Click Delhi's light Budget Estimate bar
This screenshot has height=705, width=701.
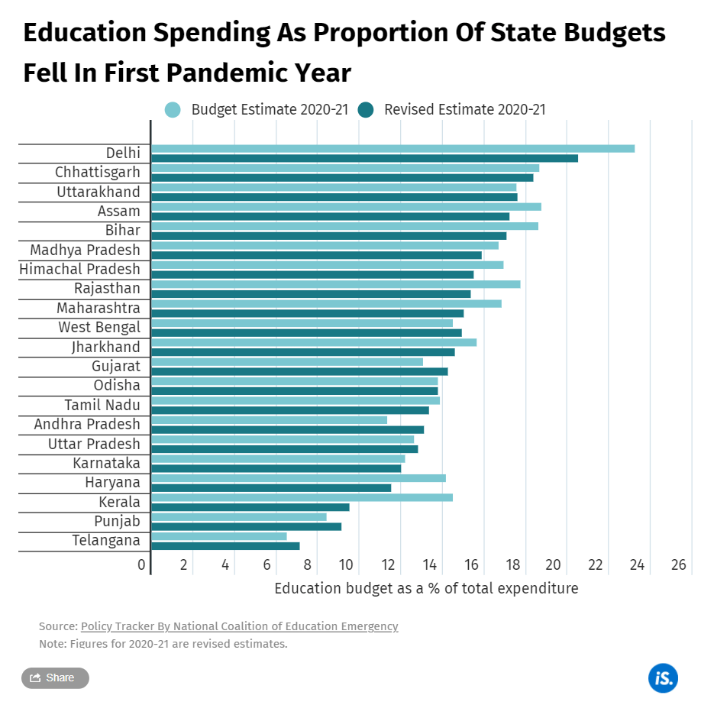tap(392, 148)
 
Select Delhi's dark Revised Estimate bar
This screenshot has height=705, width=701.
tap(364, 158)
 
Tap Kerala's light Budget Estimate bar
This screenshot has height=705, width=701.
tap(302, 497)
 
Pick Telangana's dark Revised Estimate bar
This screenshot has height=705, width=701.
tap(225, 545)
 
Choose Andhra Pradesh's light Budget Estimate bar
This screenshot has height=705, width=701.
tap(269, 419)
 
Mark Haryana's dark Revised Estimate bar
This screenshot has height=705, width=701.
tap(271, 487)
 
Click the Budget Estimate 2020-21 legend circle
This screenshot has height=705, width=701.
tap(173, 110)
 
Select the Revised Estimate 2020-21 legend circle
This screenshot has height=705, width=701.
tap(366, 110)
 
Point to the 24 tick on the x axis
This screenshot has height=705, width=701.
tap(637, 565)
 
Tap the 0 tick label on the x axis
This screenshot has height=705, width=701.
tap(141, 565)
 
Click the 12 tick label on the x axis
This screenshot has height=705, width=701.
tap(388, 565)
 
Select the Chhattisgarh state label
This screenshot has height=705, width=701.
tap(97, 173)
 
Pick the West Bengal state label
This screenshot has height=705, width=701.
tap(99, 328)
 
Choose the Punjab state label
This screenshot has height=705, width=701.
tap(117, 522)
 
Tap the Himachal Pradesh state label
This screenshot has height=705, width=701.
tap(79, 269)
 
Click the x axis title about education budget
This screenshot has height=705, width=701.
tap(426, 589)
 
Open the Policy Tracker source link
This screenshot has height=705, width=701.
tap(239, 626)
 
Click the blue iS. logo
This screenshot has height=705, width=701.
tap(663, 678)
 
